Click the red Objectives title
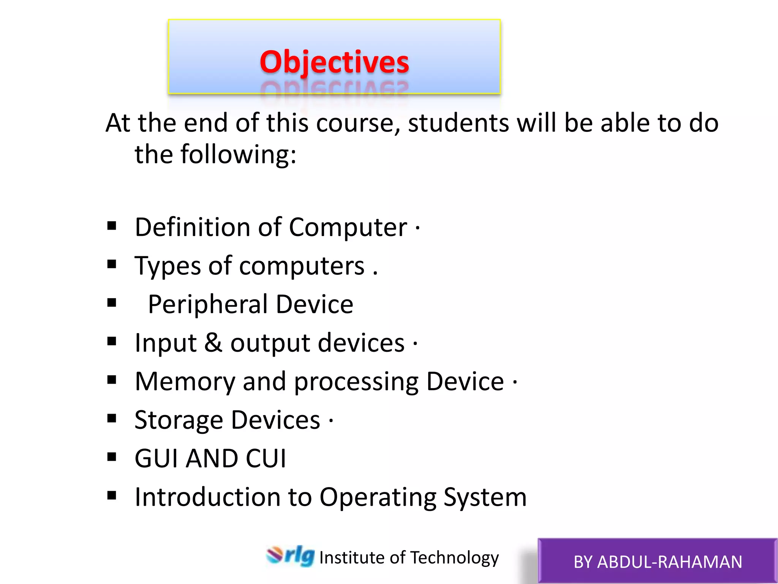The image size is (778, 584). click(x=334, y=62)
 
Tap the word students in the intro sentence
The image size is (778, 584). click(x=459, y=124)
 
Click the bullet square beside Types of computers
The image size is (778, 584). click(x=112, y=264)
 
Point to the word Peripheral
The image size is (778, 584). click(x=208, y=305)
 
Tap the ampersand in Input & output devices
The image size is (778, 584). click(x=213, y=343)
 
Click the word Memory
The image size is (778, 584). click(x=185, y=382)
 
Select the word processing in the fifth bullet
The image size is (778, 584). click(x=356, y=382)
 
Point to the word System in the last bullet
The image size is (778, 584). click(x=485, y=497)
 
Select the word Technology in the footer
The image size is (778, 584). click(x=454, y=558)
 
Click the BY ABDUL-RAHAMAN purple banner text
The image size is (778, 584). click(x=658, y=562)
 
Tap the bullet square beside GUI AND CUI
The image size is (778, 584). click(x=112, y=457)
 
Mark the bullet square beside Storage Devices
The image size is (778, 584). click(x=112, y=418)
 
